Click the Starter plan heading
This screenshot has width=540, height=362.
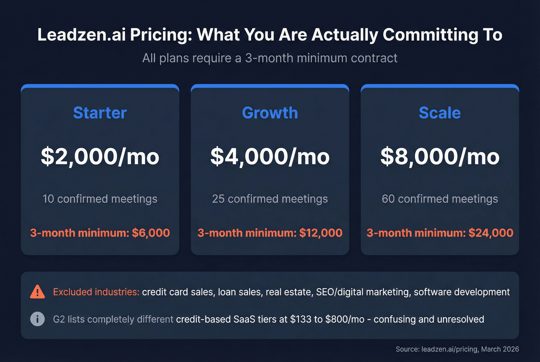point(100,113)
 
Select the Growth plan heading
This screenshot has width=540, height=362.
point(270,113)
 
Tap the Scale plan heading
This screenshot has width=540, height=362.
point(440,113)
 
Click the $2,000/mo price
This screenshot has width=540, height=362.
point(100,157)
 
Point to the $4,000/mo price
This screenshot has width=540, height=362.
point(270,157)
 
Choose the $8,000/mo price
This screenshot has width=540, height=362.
point(440,157)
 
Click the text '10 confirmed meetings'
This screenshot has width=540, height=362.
point(100,199)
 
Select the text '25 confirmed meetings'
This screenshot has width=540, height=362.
point(270,199)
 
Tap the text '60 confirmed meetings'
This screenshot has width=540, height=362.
point(440,199)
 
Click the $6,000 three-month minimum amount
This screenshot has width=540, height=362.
point(151,233)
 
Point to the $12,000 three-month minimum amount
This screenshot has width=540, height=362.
point(321,233)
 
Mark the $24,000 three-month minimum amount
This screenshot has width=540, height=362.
point(491,233)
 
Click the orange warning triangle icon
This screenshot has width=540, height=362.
point(37,292)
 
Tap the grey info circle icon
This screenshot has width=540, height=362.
point(37,319)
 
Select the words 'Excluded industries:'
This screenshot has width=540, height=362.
point(96,292)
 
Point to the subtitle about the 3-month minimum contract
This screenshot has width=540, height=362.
point(270,58)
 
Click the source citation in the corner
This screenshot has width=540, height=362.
point(457,349)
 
